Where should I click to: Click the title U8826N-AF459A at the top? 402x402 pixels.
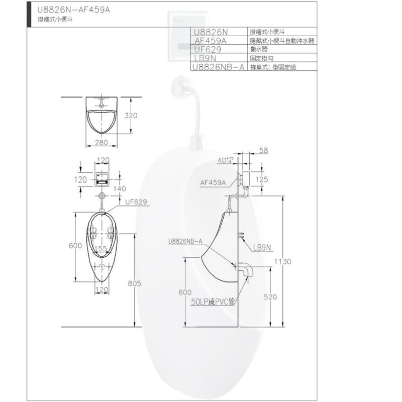click(x=73, y=10)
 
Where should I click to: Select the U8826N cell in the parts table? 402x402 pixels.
click(x=211, y=32)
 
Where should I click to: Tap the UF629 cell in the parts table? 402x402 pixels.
click(x=208, y=49)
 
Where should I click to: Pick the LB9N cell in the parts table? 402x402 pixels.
click(x=205, y=58)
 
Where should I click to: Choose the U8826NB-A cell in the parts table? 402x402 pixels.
click(x=218, y=67)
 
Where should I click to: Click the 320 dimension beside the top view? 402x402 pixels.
click(x=131, y=116)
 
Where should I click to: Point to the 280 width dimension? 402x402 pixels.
click(x=102, y=142)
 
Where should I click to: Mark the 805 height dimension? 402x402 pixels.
click(x=134, y=283)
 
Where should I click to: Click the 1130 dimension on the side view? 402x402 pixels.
click(x=282, y=261)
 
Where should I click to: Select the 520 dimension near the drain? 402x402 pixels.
click(x=270, y=297)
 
